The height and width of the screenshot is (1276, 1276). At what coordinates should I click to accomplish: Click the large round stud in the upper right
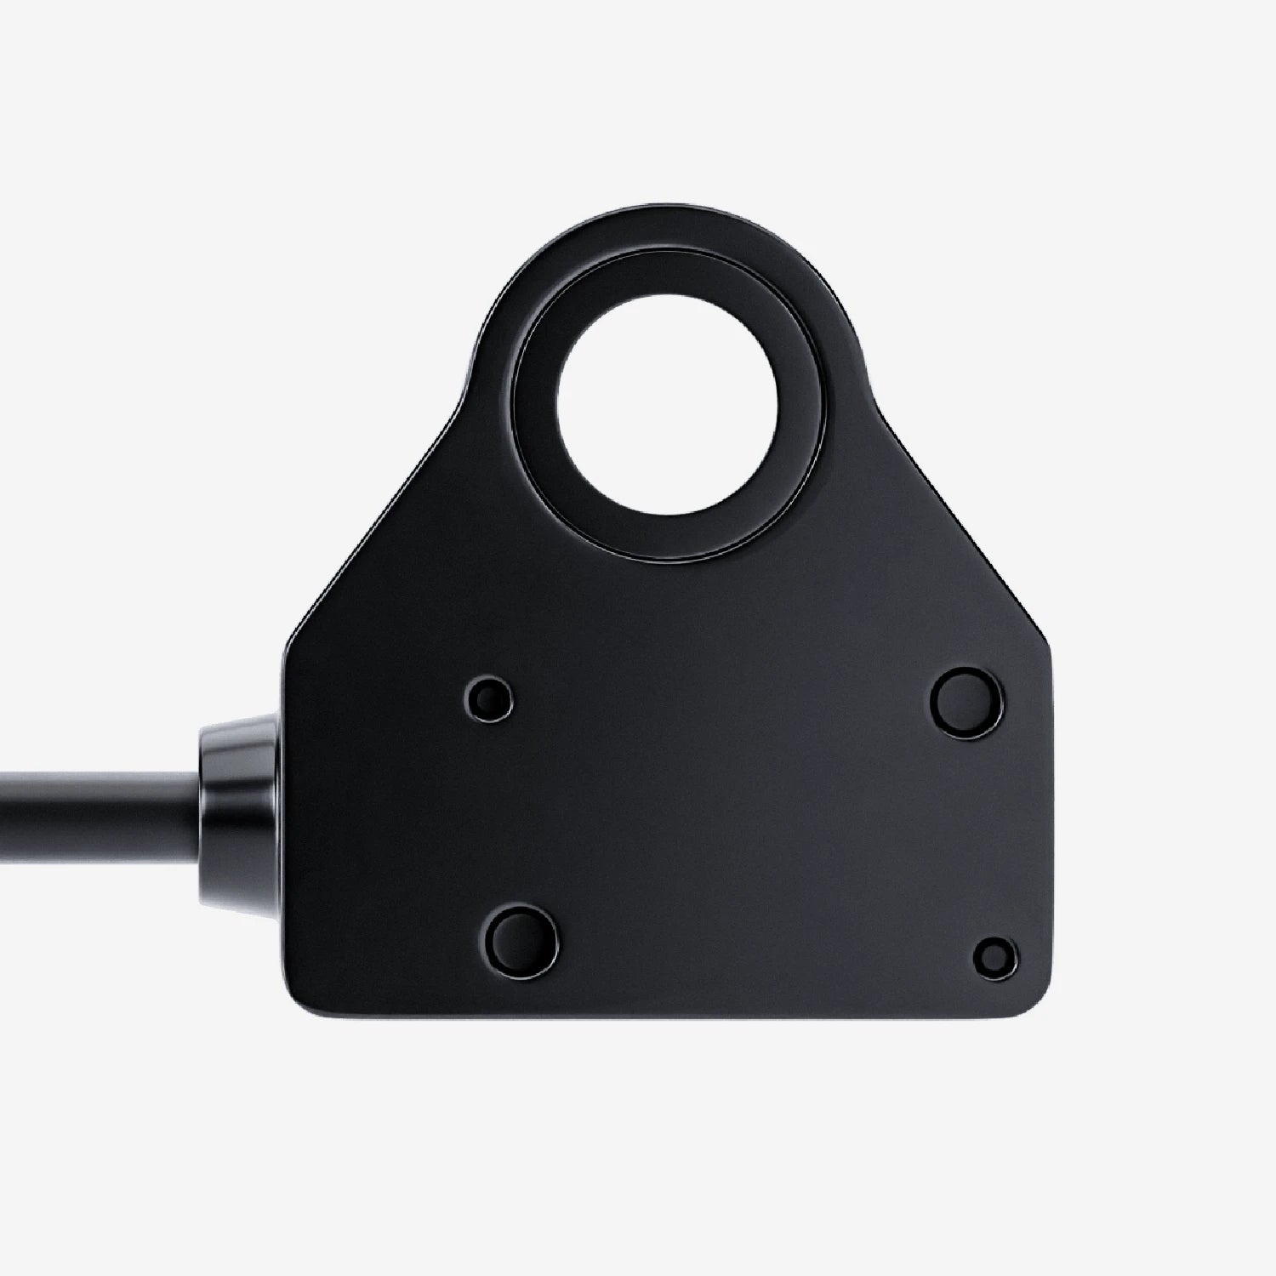pyautogui.click(x=966, y=699)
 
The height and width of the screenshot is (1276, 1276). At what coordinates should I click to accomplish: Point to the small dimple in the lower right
pyautogui.click(x=994, y=957)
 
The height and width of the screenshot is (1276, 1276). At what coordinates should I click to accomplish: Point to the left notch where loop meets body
pyautogui.click(x=473, y=374)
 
